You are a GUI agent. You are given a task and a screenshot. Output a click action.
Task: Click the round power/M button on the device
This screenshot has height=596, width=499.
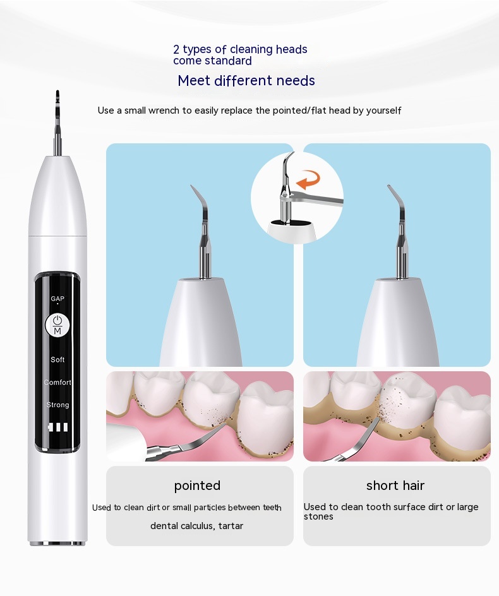tap(57, 325)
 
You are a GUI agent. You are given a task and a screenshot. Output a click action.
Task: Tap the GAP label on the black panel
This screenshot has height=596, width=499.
tap(57, 299)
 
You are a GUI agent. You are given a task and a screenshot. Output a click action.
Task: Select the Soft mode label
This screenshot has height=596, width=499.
tap(57, 359)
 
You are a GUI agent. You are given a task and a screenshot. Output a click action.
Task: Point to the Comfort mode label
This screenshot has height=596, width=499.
tap(57, 382)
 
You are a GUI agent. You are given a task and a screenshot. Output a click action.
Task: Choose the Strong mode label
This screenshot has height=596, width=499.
tap(58, 405)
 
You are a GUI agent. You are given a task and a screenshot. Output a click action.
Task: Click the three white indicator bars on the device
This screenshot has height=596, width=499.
tap(58, 427)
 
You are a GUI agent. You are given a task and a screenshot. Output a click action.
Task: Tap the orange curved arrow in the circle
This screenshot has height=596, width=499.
tap(308, 179)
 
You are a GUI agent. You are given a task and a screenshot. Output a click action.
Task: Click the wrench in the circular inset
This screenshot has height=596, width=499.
tap(312, 198)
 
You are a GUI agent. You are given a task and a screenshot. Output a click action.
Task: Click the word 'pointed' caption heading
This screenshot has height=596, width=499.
tap(197, 486)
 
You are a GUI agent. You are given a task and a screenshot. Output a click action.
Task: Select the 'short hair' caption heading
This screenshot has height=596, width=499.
tap(395, 486)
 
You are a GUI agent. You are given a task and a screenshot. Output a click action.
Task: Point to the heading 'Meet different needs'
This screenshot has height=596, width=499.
tap(246, 81)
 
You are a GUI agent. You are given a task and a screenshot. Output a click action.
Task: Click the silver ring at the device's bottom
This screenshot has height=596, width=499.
tap(57, 543)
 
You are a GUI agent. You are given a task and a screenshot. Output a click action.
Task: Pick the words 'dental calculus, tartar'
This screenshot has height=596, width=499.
tap(196, 526)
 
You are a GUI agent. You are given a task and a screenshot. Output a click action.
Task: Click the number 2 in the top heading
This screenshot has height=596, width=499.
tap(176, 49)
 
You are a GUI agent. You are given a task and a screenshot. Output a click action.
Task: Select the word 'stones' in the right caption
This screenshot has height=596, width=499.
tap(318, 516)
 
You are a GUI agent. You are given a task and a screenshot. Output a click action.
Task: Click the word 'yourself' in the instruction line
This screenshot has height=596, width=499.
tap(383, 110)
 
